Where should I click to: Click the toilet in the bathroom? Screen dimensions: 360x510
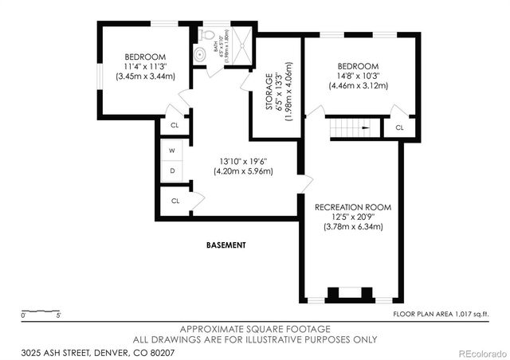[x=208, y=35]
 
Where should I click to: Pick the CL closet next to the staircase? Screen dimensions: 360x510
[x=399, y=127]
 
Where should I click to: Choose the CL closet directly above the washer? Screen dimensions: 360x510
[x=175, y=126]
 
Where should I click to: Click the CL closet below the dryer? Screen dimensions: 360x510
[x=175, y=201]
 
